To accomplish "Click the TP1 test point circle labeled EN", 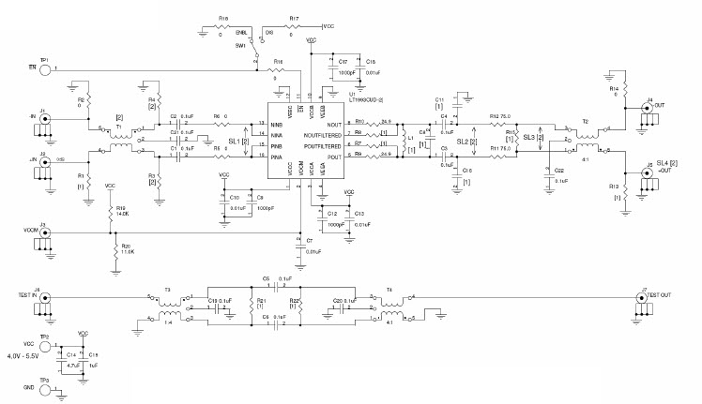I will point(44,68).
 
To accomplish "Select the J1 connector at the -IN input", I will point(44,119).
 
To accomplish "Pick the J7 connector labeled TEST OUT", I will point(644,299).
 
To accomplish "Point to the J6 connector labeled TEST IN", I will point(44,299).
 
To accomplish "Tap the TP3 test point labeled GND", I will point(44,386).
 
